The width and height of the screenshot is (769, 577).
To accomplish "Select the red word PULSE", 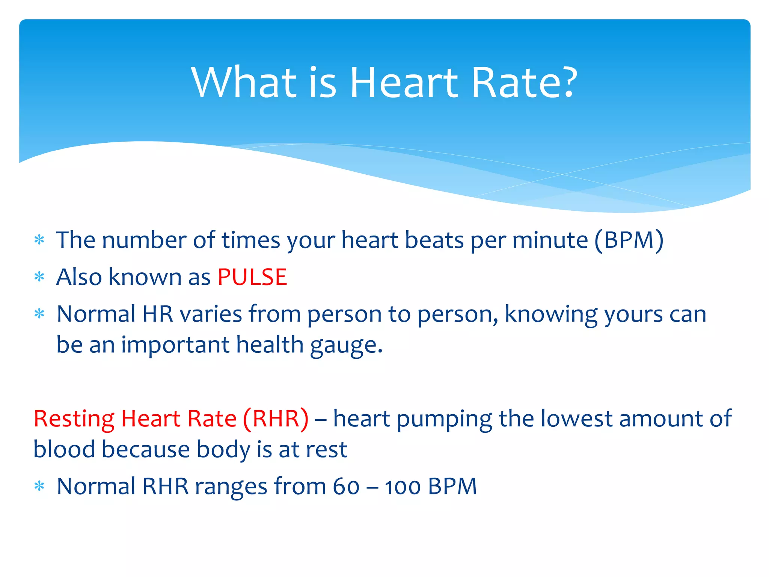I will [x=252, y=277].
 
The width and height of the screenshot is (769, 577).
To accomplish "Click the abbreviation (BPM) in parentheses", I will [x=629, y=240].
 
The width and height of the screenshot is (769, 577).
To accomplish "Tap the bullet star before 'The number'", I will [x=39, y=240].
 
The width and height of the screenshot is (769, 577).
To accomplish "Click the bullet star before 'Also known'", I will [x=39, y=277].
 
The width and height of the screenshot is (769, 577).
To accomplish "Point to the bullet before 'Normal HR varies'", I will [x=39, y=314].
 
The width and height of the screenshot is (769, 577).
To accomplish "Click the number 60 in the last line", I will [x=346, y=487].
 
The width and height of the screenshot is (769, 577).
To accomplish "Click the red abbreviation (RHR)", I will [x=276, y=418].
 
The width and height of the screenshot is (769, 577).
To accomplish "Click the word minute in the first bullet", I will [x=550, y=240].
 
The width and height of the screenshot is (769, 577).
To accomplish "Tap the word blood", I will [x=64, y=449].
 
